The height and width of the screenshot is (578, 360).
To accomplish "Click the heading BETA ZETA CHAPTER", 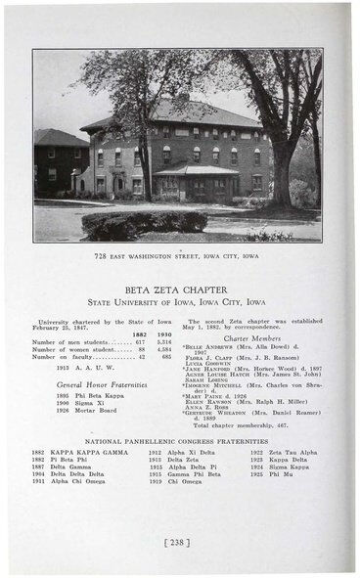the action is click(179, 289).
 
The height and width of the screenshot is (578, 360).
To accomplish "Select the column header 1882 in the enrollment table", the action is click(139, 333).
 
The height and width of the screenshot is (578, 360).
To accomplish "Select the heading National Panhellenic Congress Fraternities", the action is click(179, 441).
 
